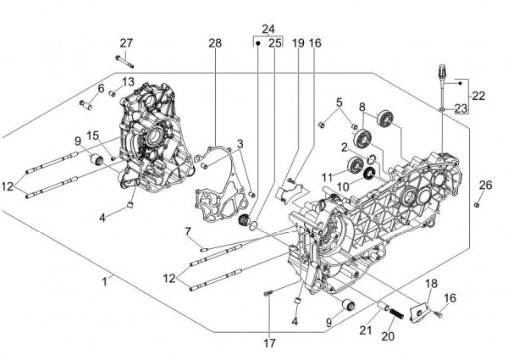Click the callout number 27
[x=126, y=43]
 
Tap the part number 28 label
[x=215, y=43]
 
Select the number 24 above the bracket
[x=268, y=28]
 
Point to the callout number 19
[x=298, y=42]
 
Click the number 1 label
[x=105, y=280]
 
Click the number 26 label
[x=485, y=185]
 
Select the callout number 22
[x=478, y=96]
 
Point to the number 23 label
[x=461, y=108]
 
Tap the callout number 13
[x=128, y=81]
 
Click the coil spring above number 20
[x=394, y=315]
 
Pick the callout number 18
[x=430, y=283]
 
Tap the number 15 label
[x=91, y=135]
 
